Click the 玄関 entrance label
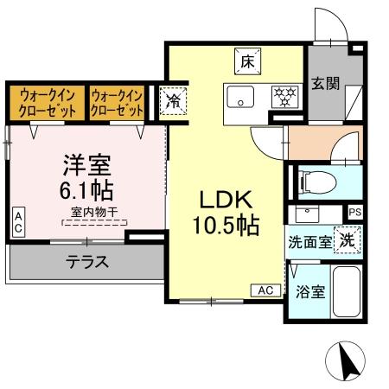[325, 84]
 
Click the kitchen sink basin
[239, 94]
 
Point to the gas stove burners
[283, 94]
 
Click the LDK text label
[226, 201]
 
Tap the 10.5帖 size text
[226, 226]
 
